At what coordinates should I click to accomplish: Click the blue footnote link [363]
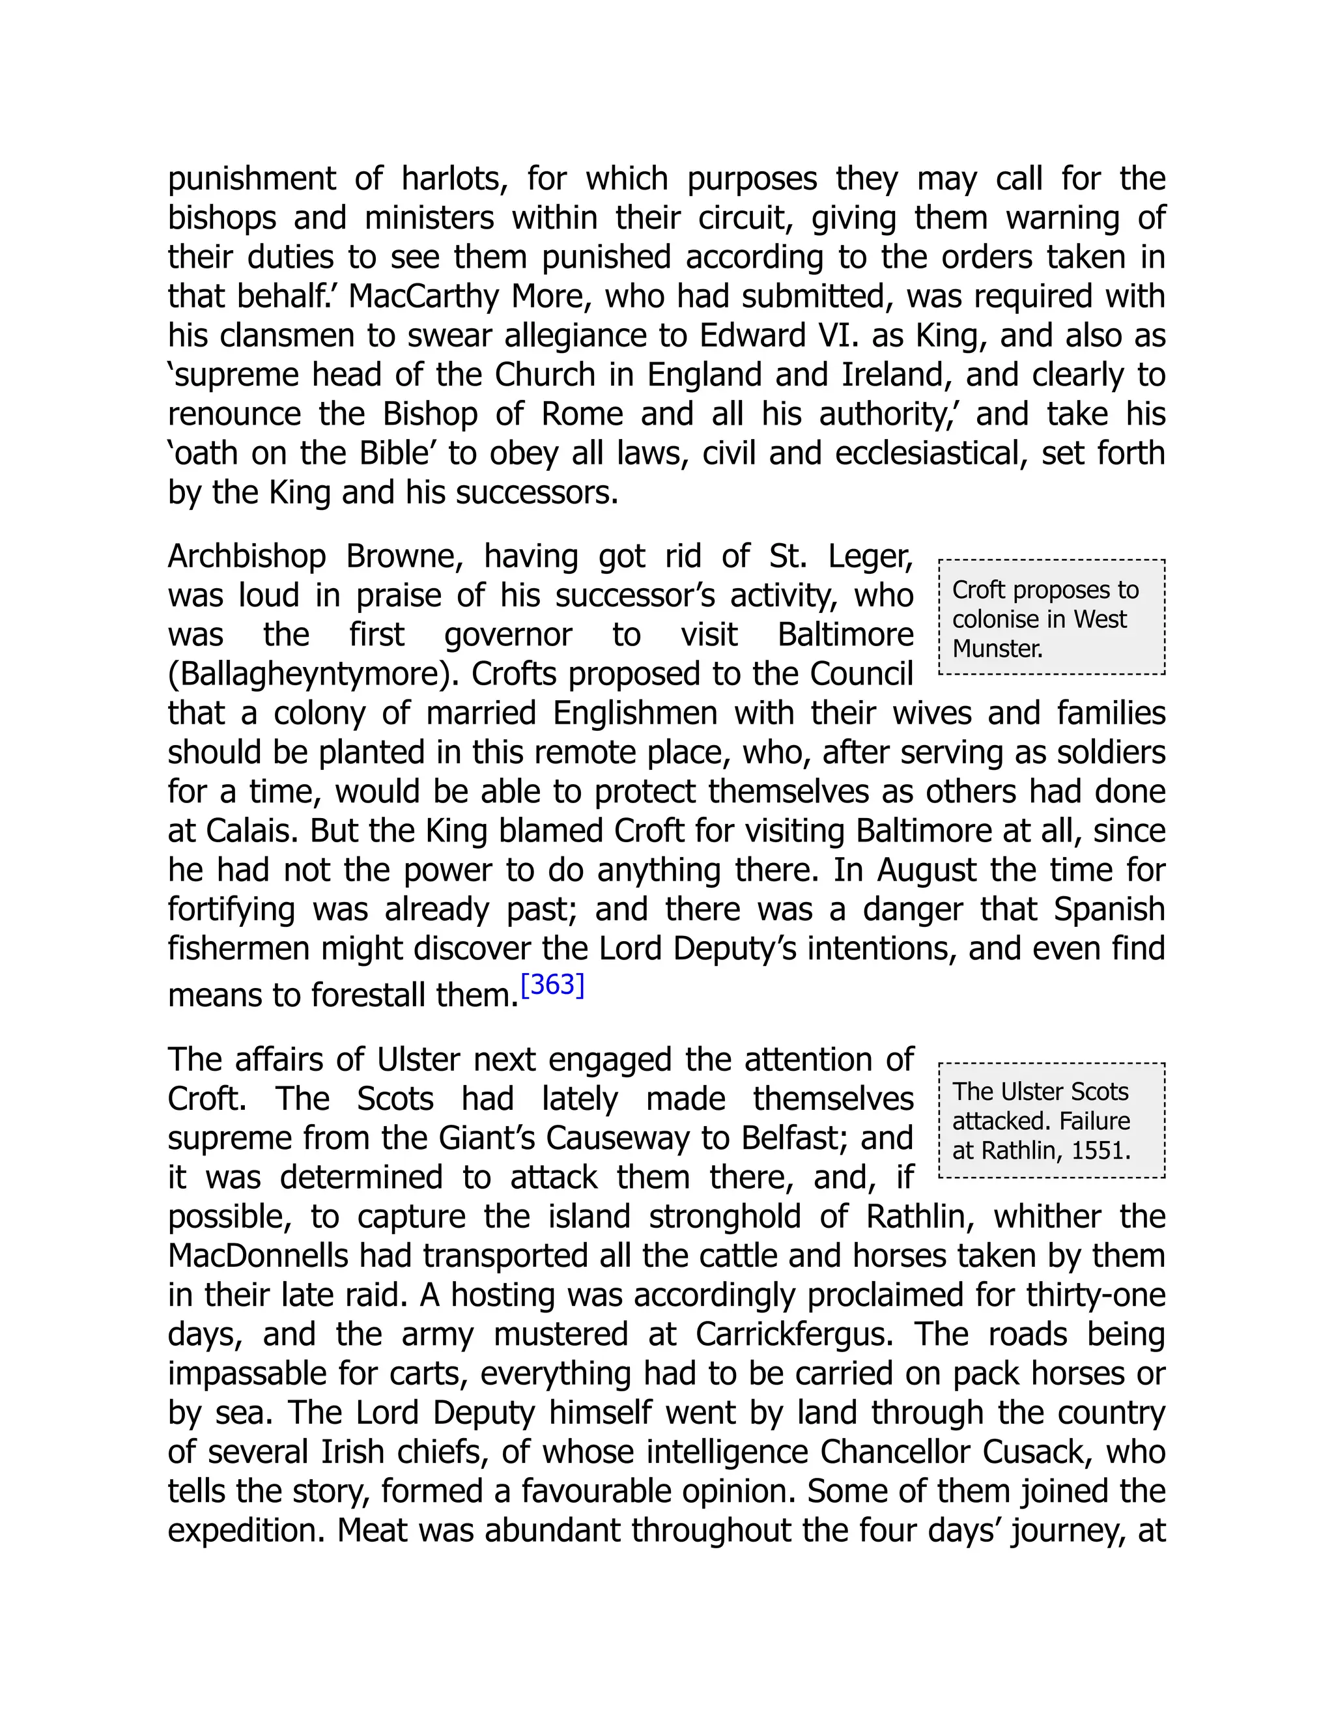click(552, 985)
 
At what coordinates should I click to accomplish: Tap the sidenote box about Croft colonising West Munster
click(1051, 617)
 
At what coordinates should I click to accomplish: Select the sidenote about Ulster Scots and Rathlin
click(1051, 1121)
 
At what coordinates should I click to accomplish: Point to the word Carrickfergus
click(793, 1335)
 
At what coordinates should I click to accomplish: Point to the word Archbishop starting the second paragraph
click(247, 557)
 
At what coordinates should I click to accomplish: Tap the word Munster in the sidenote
click(997, 649)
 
